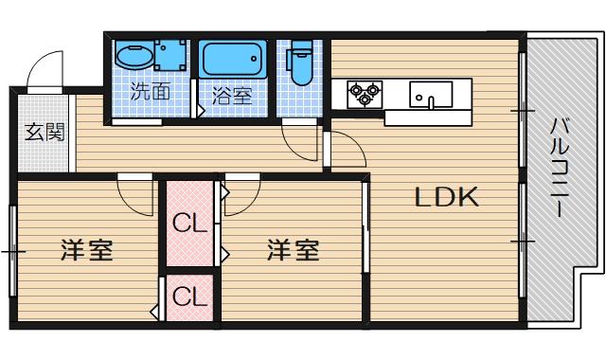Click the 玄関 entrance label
pos(44,132)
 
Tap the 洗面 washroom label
pos(150,93)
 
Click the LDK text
pos(448,198)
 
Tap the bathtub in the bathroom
pos(235,63)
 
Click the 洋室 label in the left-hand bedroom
pos(87,251)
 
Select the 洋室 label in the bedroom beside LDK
pos(292,251)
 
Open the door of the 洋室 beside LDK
pos(242,194)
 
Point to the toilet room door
pos(301,140)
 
